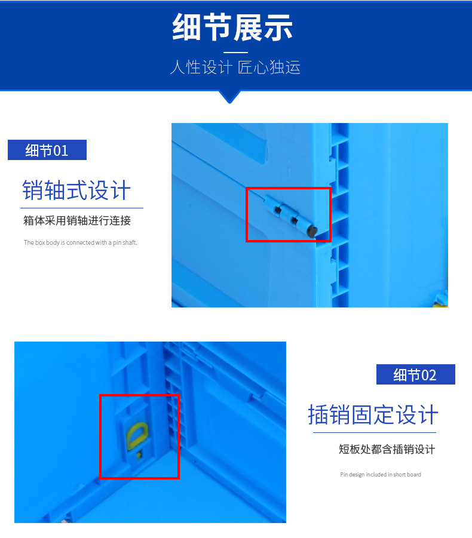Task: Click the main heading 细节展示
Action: click(x=233, y=28)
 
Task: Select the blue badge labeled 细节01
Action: click(x=47, y=150)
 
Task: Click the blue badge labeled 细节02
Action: click(x=415, y=374)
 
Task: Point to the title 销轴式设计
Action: click(x=76, y=190)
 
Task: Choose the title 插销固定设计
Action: click(x=373, y=414)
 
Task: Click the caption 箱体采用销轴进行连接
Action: click(x=77, y=221)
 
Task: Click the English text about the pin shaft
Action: click(x=80, y=243)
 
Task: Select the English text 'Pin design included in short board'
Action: click(x=381, y=475)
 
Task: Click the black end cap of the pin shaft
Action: click(x=311, y=232)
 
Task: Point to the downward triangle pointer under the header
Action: click(x=229, y=96)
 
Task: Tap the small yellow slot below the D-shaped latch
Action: click(x=139, y=456)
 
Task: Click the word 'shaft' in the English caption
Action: click(x=130, y=243)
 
